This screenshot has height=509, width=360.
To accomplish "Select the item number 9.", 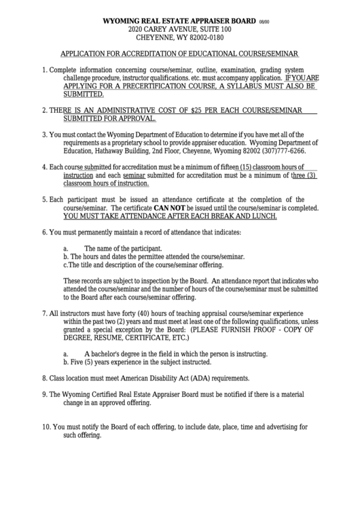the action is [x=44, y=394].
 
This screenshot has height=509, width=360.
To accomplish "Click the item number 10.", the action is [x=46, y=427].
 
